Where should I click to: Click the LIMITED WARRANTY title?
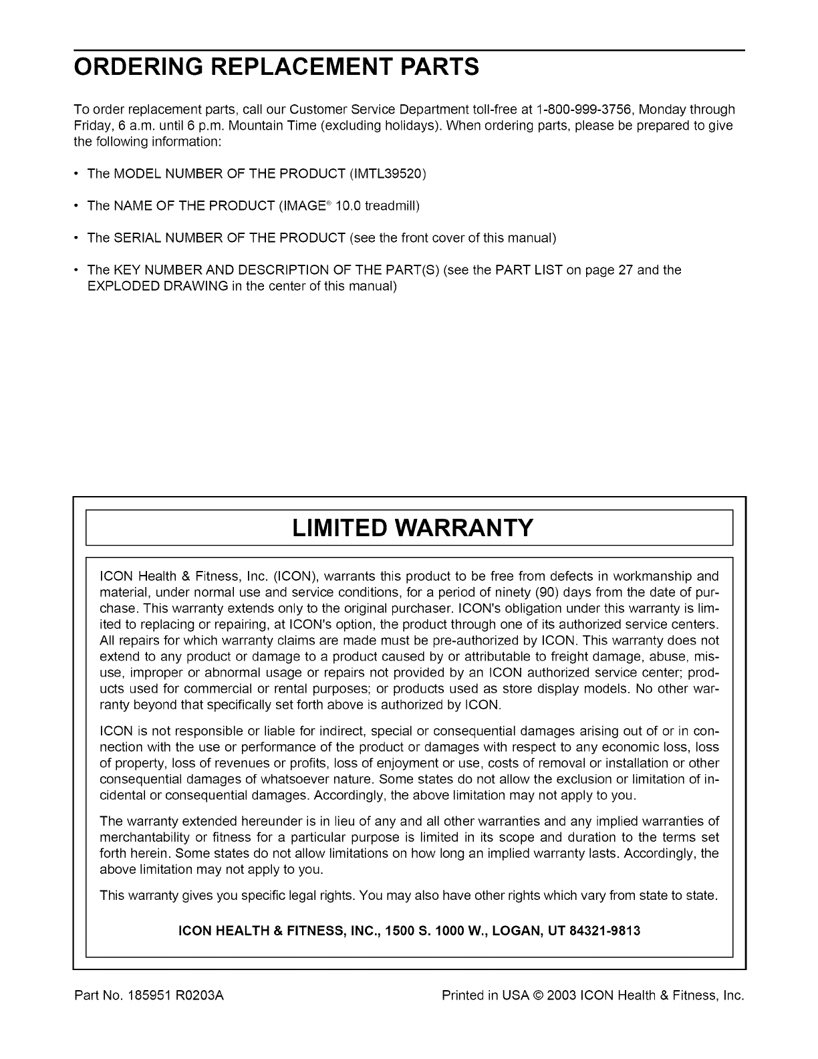pyautogui.click(x=413, y=528)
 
